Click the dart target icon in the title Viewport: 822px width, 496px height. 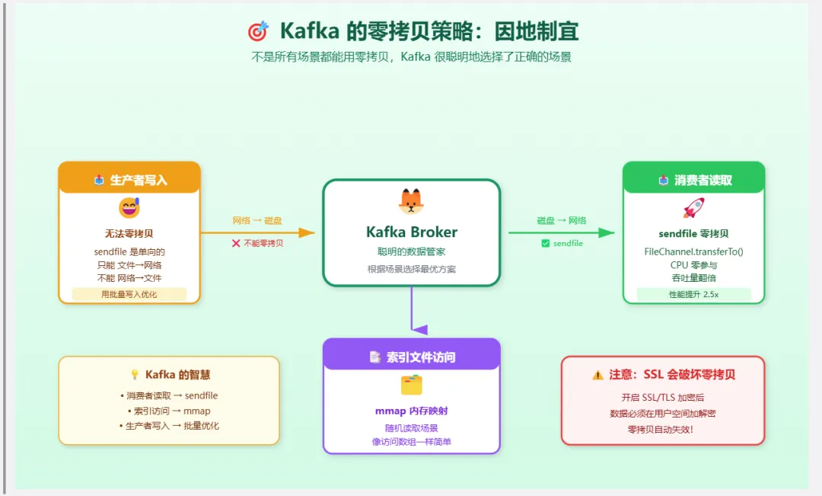[x=258, y=31]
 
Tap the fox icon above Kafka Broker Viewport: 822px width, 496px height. [x=411, y=200]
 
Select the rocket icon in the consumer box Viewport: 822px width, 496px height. [x=693, y=208]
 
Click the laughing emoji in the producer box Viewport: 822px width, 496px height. [x=129, y=207]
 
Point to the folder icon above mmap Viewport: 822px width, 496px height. [x=411, y=385]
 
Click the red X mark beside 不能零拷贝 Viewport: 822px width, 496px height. [x=236, y=243]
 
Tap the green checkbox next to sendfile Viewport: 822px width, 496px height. [x=545, y=243]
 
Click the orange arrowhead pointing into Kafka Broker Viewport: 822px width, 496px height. [x=307, y=233]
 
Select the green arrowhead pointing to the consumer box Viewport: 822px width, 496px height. [x=607, y=232]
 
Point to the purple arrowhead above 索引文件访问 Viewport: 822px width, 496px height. [x=419, y=330]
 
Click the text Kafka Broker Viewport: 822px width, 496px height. [x=411, y=232]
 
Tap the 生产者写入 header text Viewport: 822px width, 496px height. [x=139, y=181]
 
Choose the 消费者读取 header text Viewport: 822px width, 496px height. [x=703, y=181]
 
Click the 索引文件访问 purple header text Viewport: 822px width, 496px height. [x=421, y=357]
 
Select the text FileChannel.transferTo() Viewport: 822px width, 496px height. [x=693, y=251]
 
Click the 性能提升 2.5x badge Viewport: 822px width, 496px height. [x=693, y=294]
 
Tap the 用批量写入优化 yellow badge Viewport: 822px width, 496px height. [x=129, y=294]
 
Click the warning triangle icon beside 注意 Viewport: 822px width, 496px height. [x=597, y=375]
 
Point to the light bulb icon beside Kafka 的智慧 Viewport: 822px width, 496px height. [x=135, y=375]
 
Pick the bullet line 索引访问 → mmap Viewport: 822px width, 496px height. [x=170, y=411]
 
